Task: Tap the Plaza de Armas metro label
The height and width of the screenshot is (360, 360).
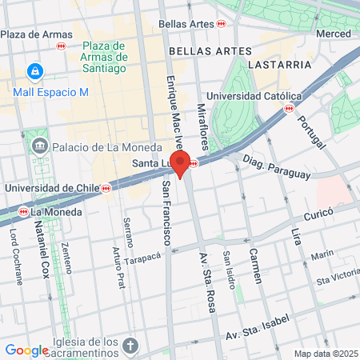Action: click(x=31, y=34)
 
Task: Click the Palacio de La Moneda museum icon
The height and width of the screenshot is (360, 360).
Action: click(x=40, y=147)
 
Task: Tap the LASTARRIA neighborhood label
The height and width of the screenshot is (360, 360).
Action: click(x=279, y=64)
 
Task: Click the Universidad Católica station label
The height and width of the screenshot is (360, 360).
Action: click(x=250, y=94)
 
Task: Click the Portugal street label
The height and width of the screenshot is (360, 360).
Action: click(x=311, y=132)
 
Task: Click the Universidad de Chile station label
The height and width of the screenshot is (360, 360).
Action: click(x=51, y=188)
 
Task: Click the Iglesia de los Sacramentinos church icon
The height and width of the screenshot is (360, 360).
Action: click(x=131, y=346)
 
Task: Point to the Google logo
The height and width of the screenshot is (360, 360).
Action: click(x=26, y=350)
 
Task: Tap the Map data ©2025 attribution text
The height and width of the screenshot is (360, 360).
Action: click(x=325, y=354)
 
